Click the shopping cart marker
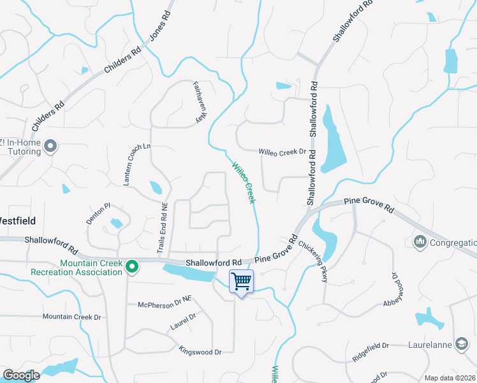pyautogui.click(x=241, y=282)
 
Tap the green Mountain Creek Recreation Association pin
pyautogui.click(x=132, y=266)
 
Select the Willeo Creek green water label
pyautogui.click(x=244, y=183)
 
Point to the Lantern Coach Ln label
pyautogui.click(x=137, y=165)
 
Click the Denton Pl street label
pyautogui.click(x=99, y=213)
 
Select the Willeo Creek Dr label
pyautogui.click(x=283, y=152)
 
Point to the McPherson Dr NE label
pyautogui.click(x=165, y=305)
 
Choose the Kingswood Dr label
pyautogui.click(x=200, y=351)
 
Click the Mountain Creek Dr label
pyautogui.click(x=72, y=317)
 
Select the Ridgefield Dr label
pyautogui.click(x=371, y=345)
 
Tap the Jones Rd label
pyautogui.click(x=161, y=25)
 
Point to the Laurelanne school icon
pyautogui.click(x=461, y=344)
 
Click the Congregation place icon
pyautogui.click(x=420, y=242)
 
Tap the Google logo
pyautogui.click(x=21, y=376)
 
